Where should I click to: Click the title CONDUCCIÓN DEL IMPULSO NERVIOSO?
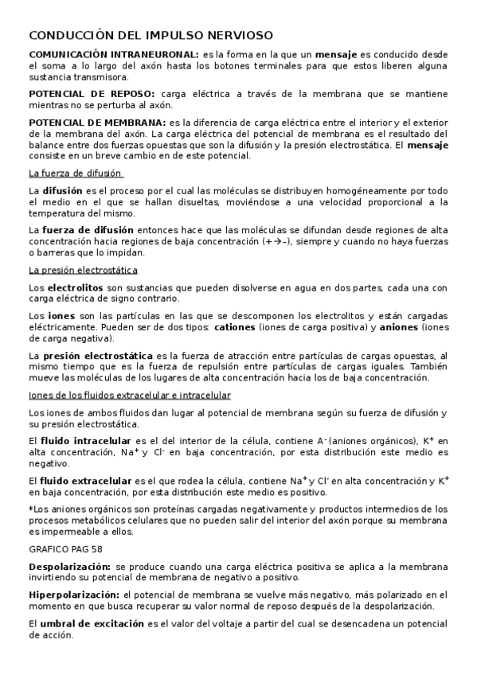point(151,36)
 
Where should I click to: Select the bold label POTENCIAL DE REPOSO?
point(92,93)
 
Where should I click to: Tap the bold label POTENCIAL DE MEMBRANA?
point(97,122)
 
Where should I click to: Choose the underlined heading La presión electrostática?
point(82,270)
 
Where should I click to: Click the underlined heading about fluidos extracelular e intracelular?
point(130,395)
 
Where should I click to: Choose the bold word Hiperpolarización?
point(73,595)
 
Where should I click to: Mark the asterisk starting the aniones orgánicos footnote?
point(30,509)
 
